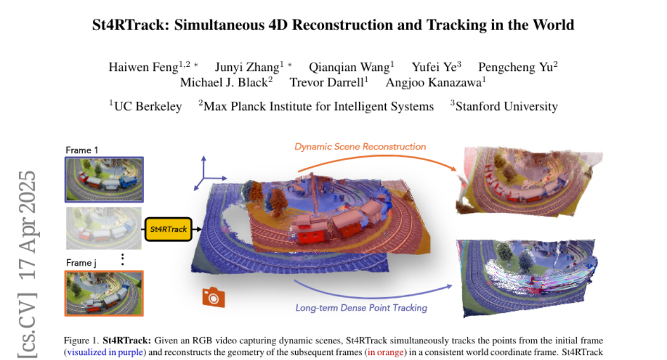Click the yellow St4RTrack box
[168, 229]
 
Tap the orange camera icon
[213, 297]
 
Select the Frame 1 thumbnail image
[104, 179]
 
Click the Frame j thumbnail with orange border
[104, 293]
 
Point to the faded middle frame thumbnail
[103, 228]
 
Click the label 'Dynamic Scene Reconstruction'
[360, 147]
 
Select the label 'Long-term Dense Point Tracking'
[361, 308]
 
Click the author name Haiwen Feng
[143, 67]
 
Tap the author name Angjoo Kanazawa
[434, 83]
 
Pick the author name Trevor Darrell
[327, 82]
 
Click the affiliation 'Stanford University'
[507, 107]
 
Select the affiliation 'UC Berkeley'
[148, 107]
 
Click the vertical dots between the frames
[123, 260]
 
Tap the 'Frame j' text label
[81, 263]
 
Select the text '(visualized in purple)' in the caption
[106, 352]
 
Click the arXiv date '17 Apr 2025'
[27, 225]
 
